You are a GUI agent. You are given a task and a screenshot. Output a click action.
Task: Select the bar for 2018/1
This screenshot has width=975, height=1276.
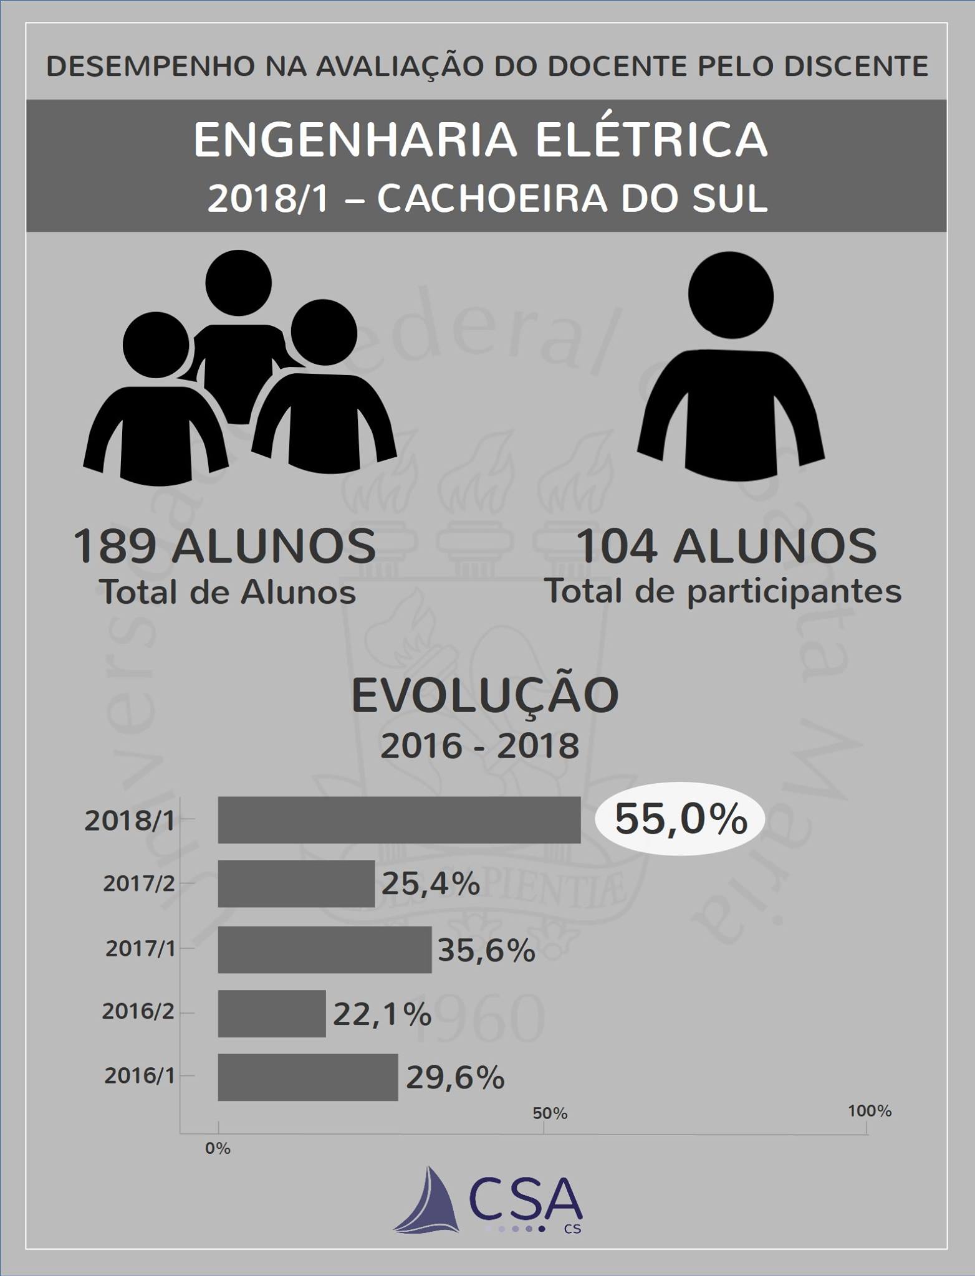tap(399, 819)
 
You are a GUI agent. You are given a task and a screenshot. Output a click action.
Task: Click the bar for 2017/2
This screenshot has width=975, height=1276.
tap(296, 883)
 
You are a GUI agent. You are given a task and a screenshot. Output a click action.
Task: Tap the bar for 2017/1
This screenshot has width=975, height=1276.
tap(324, 949)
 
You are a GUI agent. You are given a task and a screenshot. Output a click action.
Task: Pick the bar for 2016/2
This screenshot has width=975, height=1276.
tap(272, 1014)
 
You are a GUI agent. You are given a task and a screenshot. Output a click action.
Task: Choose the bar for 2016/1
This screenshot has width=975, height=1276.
tap(307, 1077)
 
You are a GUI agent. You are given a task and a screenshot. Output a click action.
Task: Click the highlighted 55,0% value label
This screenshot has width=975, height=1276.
tap(681, 819)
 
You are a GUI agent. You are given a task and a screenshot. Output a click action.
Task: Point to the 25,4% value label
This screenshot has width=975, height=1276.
tap(431, 883)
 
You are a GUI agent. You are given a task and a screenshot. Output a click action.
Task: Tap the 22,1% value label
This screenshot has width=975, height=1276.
tap(382, 1014)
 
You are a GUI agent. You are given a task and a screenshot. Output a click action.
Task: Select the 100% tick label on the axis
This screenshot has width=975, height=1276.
tap(870, 1111)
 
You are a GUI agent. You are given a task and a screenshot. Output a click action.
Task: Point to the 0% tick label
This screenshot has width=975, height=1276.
tap(218, 1148)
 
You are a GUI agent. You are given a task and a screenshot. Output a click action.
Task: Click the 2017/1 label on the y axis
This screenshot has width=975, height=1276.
tap(140, 949)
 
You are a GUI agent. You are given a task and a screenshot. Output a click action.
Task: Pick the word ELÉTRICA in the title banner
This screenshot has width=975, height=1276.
tap(651, 140)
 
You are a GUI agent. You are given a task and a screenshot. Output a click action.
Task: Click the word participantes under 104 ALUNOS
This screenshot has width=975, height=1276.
tap(794, 591)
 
